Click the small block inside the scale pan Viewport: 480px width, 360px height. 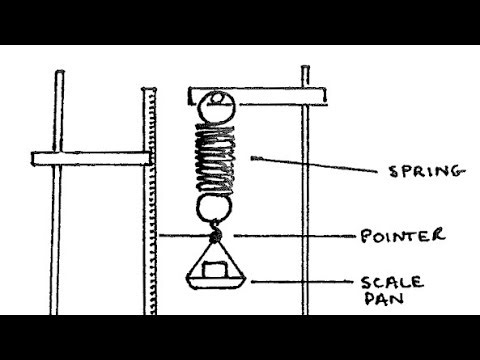click(214, 268)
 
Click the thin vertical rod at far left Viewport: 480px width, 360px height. click(58, 190)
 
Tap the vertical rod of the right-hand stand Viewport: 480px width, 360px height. click(305, 200)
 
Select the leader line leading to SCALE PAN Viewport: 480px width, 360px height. click(300, 282)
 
